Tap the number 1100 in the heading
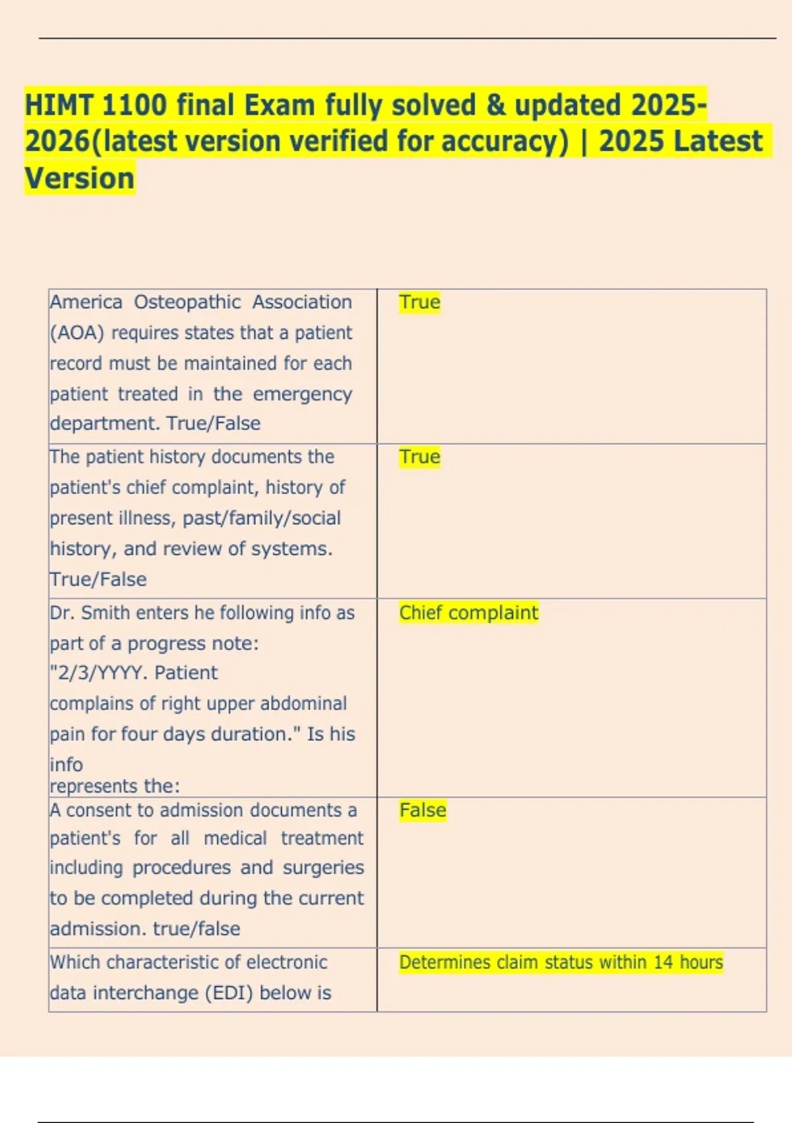tap(135, 105)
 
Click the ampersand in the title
tap(495, 105)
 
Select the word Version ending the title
tap(79, 178)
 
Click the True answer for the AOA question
tap(419, 302)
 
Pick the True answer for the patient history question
tap(419, 457)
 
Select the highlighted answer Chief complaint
tap(469, 613)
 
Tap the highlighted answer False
tap(422, 810)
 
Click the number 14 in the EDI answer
tap(663, 962)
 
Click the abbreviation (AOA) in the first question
tap(77, 333)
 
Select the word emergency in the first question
tap(302, 394)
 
